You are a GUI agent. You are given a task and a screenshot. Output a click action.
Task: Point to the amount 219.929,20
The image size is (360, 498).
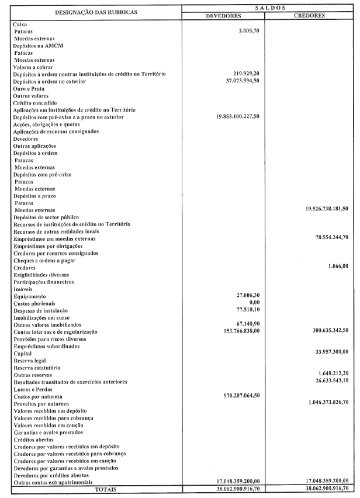tap(244, 74)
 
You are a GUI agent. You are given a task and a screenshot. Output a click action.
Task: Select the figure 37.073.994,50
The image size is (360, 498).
tap(240, 81)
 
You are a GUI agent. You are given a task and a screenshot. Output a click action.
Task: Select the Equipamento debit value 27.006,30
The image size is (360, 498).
tap(245, 296)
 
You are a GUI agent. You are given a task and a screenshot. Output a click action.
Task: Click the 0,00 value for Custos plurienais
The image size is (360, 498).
tap(254, 303)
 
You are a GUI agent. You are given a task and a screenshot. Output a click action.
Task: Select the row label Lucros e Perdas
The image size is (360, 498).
tap(33, 389)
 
